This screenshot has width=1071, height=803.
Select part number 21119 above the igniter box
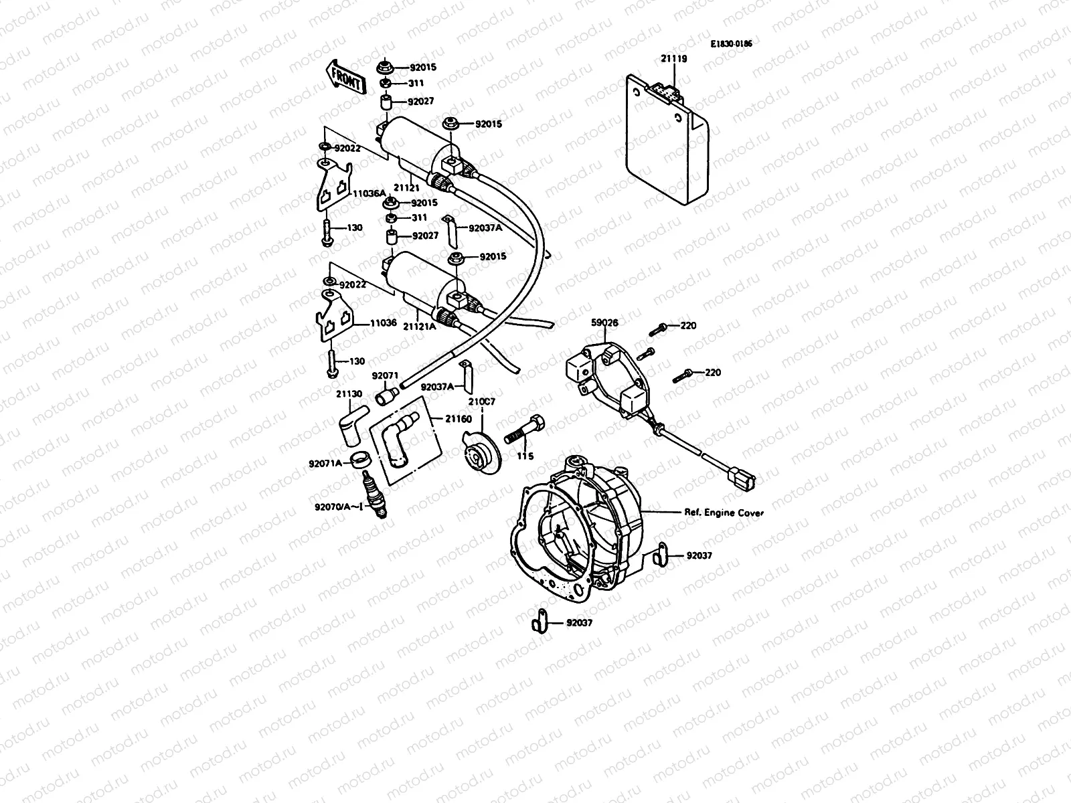[674, 59]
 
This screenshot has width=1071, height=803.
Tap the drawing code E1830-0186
[732, 44]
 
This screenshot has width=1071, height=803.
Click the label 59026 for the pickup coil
[604, 322]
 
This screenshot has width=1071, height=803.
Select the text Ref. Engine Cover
[724, 513]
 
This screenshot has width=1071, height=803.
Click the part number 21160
[459, 419]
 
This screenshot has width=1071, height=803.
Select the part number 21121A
[420, 326]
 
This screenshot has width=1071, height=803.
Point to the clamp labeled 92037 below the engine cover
[540, 622]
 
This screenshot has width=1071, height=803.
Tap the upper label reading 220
[688, 326]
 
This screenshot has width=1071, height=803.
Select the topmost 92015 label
[423, 68]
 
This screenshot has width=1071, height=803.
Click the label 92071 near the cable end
[385, 376]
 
